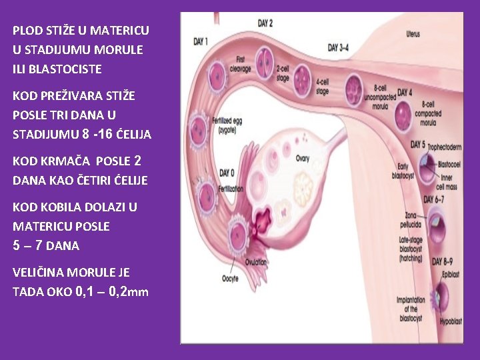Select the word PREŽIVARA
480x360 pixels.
tap(73, 95)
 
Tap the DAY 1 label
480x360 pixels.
tap(201, 41)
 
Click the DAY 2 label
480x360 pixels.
tap(265, 23)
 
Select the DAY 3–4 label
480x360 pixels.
tap(343, 48)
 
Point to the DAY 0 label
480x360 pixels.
tap(227, 173)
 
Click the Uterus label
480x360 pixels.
tap(413, 33)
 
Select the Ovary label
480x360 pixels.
tap(303, 159)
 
